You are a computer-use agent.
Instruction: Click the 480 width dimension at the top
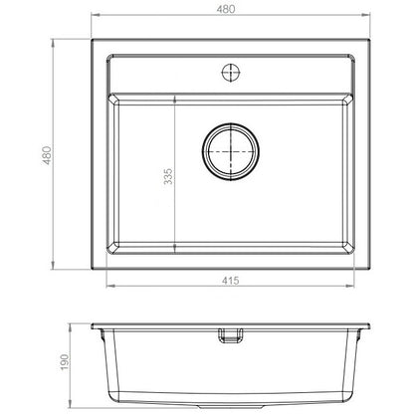(x=226, y=9)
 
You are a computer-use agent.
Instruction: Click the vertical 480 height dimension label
(x=47, y=155)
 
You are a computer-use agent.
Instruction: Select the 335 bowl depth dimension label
(x=168, y=176)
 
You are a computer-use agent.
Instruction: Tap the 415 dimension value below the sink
(x=230, y=281)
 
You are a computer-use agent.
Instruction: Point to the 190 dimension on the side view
(x=65, y=362)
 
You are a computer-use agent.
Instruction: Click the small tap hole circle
(x=231, y=72)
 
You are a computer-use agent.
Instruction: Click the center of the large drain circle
(x=231, y=151)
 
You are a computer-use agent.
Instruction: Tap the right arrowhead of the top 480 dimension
(x=365, y=15)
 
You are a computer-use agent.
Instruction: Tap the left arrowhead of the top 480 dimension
(x=96, y=15)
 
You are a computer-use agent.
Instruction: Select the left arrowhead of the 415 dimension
(x=110, y=286)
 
